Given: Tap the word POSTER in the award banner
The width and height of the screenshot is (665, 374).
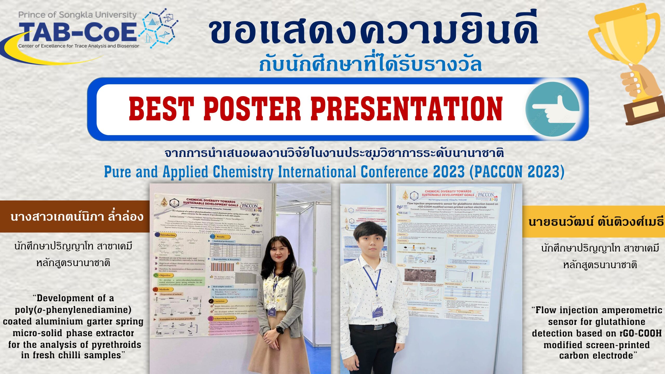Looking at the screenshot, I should click(x=252, y=109).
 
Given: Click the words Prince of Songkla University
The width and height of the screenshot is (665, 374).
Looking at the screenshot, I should click(x=77, y=15).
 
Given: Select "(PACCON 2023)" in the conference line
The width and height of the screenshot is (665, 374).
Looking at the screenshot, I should click(x=517, y=172).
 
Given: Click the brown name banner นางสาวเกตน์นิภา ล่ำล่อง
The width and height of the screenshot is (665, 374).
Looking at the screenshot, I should click(x=75, y=216).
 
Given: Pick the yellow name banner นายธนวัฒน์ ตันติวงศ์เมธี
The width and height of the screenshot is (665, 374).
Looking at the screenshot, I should click(x=595, y=222).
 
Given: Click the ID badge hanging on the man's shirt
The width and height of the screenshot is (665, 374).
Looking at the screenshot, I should click(x=377, y=308).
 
